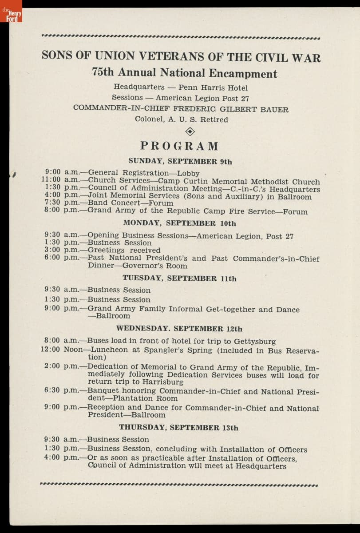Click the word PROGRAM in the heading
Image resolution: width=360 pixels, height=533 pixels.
180,146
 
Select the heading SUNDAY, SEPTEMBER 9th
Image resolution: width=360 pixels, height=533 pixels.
180,162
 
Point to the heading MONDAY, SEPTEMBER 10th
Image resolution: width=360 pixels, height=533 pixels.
179,223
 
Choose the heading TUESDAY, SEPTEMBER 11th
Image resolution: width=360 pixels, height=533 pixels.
179,279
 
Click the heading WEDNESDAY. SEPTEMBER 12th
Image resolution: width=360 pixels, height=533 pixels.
179,329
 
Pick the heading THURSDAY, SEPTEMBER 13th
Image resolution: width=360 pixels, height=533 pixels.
178,428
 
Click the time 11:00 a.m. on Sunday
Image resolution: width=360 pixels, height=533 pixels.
61,180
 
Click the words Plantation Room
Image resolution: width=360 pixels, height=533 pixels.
143,399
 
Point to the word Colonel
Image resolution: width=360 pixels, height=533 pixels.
149,119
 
